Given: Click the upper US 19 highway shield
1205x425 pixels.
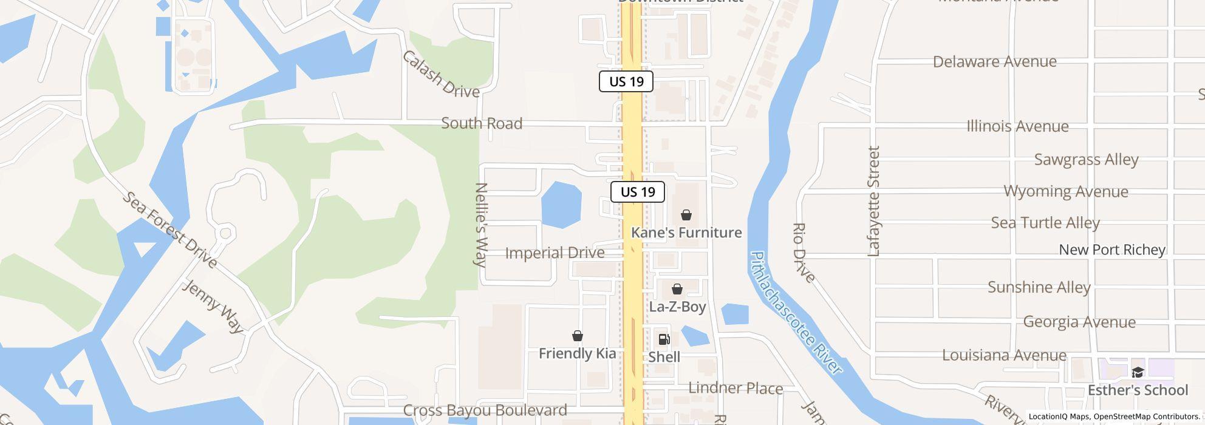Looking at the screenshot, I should click(626, 81).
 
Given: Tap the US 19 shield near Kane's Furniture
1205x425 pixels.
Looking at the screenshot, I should click(637, 192).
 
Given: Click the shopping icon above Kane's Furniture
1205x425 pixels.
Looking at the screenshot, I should click(686, 215).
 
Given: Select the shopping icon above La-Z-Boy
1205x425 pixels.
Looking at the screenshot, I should click(677, 289).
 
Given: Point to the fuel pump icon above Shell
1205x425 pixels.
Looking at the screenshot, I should click(664, 339).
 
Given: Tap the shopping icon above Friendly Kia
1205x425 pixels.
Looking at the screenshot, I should click(577, 336).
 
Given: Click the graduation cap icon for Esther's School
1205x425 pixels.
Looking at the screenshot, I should click(1137, 372).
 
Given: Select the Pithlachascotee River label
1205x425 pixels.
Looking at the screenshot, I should click(796, 313).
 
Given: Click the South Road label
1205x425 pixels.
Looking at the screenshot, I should click(482, 123).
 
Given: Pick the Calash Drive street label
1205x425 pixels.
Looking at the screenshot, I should click(441, 75).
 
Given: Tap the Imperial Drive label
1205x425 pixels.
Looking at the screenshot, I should click(555, 253).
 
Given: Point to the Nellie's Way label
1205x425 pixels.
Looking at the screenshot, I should click(481, 225).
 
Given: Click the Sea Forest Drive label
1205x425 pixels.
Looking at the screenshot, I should click(170, 230).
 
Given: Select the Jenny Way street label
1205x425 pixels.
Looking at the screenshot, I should click(213, 306).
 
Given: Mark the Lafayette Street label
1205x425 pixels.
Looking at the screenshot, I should click(874, 201).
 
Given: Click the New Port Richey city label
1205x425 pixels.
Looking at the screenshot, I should click(1111, 250).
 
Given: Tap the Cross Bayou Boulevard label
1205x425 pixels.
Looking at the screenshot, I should click(485, 410).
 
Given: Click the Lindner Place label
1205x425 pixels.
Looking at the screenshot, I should click(735, 388).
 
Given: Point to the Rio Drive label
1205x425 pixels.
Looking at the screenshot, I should click(804, 253).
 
